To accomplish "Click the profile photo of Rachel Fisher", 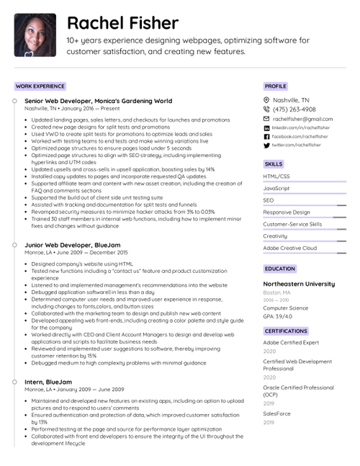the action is (x=35, y=35).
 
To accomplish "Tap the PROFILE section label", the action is (x=275, y=86).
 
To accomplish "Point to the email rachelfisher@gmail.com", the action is (x=302, y=119).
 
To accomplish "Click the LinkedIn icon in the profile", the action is (x=266, y=127).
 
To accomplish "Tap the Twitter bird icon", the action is (x=266, y=145).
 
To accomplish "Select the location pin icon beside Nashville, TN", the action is (x=266, y=100).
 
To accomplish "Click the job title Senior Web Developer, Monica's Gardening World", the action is (x=98, y=101).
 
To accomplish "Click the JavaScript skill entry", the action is (x=276, y=188).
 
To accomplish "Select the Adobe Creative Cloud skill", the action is (x=289, y=248).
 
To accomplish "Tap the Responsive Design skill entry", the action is (x=287, y=212).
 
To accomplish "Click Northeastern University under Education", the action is (x=299, y=284).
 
